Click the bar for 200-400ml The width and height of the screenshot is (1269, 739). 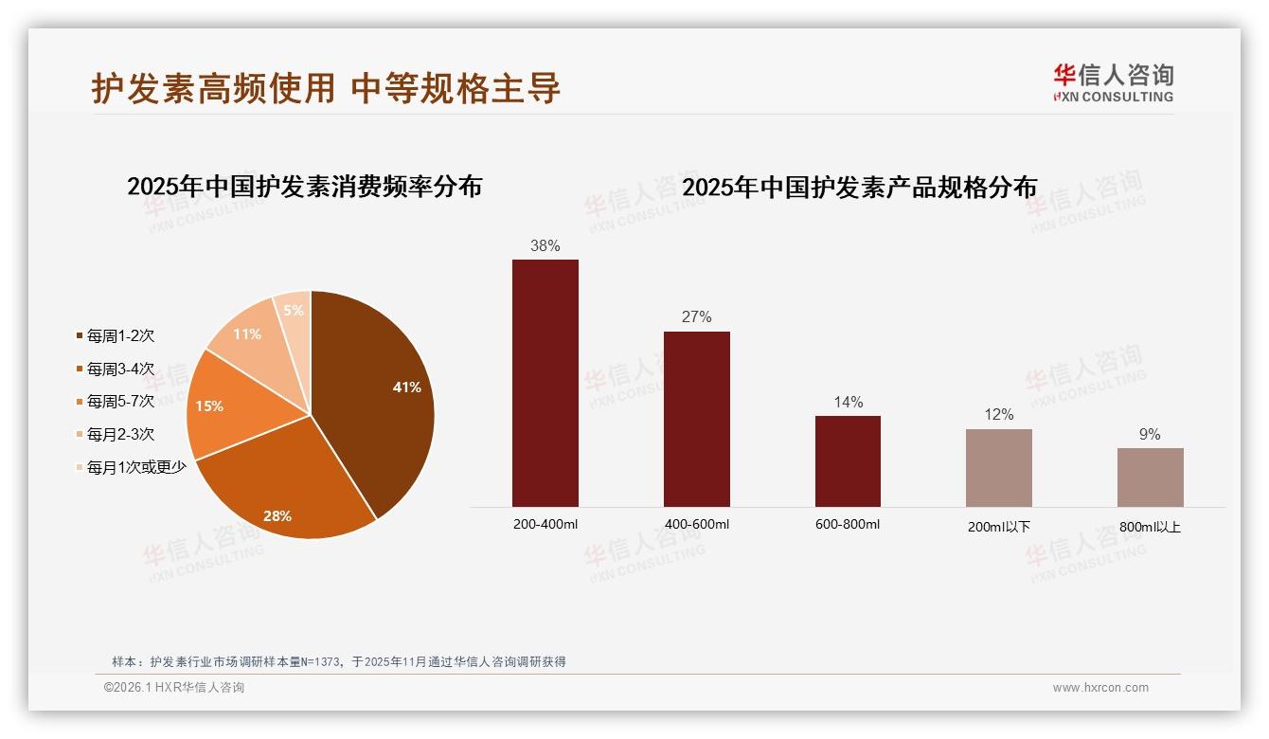coord(545,384)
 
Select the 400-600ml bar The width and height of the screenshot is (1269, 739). coord(696,419)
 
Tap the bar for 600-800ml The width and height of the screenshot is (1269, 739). coord(848,461)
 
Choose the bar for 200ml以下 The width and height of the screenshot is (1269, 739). coord(998,468)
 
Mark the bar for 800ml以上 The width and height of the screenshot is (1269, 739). coord(1150,478)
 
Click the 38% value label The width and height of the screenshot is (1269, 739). coord(545,246)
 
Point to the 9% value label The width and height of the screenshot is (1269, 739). coord(1150,435)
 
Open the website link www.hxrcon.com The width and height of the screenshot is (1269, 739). coord(1100,688)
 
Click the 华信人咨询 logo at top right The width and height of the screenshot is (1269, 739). coord(1113,83)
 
